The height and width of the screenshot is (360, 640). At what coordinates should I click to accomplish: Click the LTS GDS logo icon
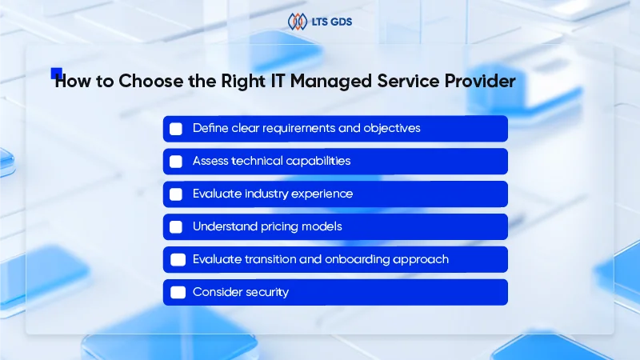[298, 22]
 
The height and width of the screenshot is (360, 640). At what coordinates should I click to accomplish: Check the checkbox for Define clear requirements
[176, 129]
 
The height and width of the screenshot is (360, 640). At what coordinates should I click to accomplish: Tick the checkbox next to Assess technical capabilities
[176, 162]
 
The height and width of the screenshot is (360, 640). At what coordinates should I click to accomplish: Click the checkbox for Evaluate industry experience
[176, 194]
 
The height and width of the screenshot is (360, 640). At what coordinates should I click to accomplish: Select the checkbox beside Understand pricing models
[176, 227]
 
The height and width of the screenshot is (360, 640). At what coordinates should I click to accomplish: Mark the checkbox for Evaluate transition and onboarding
[178, 260]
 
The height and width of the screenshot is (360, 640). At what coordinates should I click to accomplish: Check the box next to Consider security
[178, 293]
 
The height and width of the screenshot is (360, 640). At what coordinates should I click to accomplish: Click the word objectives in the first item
[392, 128]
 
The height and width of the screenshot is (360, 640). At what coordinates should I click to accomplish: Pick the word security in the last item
[266, 292]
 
